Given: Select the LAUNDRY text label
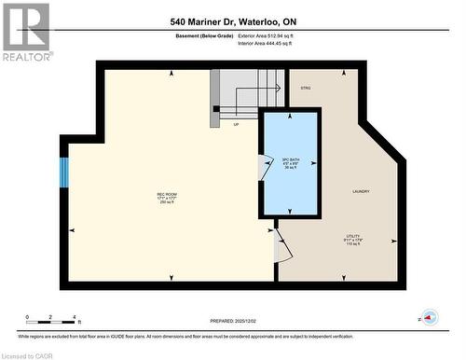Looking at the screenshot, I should pos(361,191).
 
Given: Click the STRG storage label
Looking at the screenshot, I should pos(305,88).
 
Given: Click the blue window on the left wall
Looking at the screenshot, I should pos(64,172).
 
